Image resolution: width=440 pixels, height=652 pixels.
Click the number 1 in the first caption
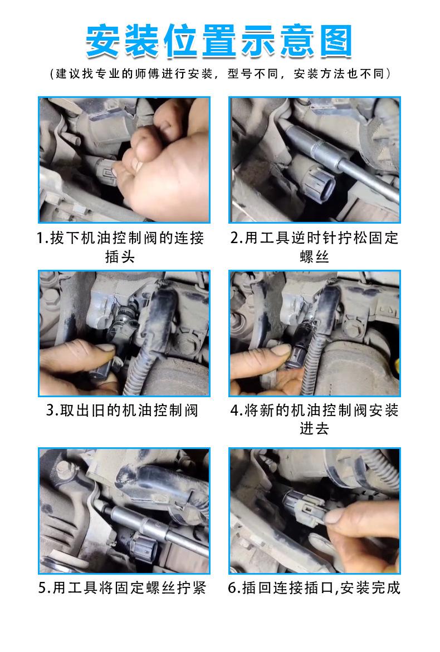[x=41, y=238]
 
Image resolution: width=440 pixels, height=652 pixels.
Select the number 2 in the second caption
[x=235, y=238]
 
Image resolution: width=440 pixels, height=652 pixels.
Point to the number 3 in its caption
[x=51, y=411]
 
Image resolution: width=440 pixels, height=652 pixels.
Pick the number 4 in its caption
[x=235, y=411]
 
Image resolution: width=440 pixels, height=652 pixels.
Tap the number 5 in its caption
[x=43, y=588]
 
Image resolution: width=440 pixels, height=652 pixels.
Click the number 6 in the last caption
[x=233, y=588]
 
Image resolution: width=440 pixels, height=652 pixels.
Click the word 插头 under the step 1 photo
[x=120, y=256]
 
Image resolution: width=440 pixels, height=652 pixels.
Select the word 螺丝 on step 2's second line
[x=314, y=256]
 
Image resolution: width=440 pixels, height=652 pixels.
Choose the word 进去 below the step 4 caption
[x=314, y=428]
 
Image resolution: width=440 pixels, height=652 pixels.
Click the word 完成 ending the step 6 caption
[x=385, y=588]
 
